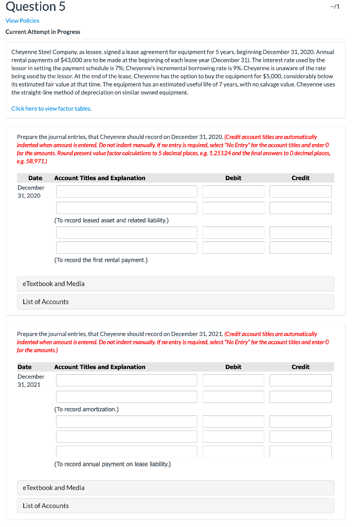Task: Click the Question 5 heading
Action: (35, 7)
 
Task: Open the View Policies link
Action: (22, 21)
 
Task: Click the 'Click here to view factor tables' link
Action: (51, 109)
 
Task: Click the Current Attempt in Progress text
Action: (43, 32)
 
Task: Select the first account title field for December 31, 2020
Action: (127, 191)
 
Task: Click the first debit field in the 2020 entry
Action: (233, 191)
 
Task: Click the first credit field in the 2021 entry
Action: (300, 380)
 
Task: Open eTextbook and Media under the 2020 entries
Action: (54, 284)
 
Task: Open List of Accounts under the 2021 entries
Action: (46, 506)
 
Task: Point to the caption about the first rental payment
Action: (101, 260)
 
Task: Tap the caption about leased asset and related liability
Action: (111, 220)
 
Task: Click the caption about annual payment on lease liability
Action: (112, 464)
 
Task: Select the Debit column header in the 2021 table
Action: (233, 367)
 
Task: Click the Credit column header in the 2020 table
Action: (300, 178)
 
